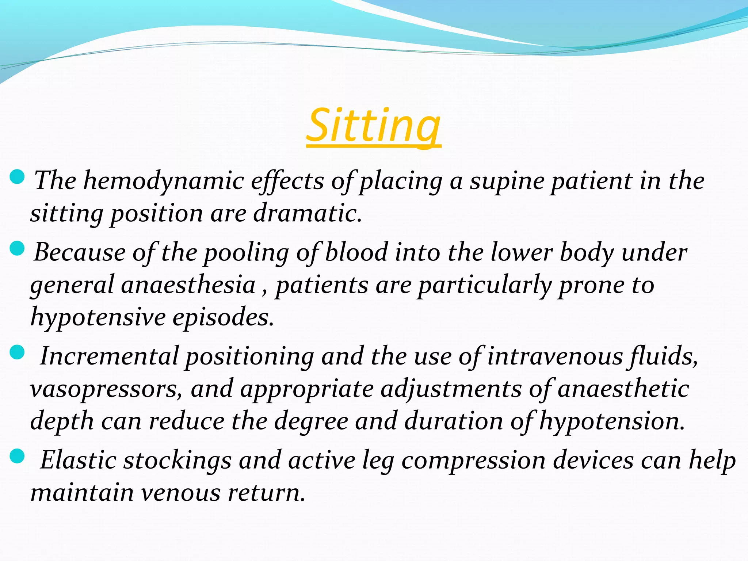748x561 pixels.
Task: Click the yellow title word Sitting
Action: point(373,126)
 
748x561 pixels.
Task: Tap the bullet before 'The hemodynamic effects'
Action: point(17,177)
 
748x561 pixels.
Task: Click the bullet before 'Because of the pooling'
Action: point(17,248)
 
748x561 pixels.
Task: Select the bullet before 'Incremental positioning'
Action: point(17,352)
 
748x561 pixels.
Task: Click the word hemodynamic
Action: point(164,181)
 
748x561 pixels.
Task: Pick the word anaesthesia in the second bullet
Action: point(188,285)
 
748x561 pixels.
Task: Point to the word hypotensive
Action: point(98,317)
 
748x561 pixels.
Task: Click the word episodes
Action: point(223,317)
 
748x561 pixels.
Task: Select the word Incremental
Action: point(110,356)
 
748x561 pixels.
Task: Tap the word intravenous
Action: point(555,356)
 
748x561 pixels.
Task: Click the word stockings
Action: point(178,460)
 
